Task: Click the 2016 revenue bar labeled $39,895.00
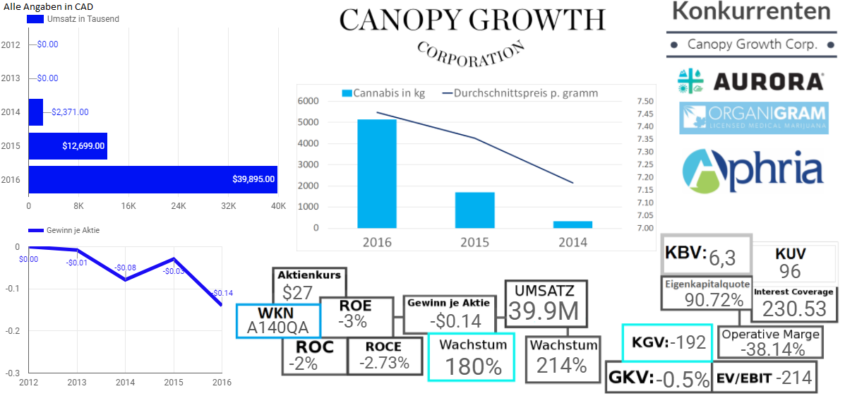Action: point(152,179)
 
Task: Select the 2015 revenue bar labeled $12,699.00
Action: point(68,146)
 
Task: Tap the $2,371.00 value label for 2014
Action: point(70,112)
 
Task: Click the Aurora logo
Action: point(750,81)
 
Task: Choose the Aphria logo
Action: point(753,169)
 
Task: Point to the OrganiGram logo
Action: point(753,118)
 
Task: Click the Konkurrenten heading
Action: point(751,11)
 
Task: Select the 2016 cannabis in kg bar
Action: point(376,174)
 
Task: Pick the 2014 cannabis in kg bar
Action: point(573,224)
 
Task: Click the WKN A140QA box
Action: point(277,320)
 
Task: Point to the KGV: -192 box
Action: point(667,342)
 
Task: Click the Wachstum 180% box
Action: point(472,357)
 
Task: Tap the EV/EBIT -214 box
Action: point(765,378)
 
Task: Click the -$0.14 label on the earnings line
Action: point(222,293)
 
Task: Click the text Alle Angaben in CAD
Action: point(47,6)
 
